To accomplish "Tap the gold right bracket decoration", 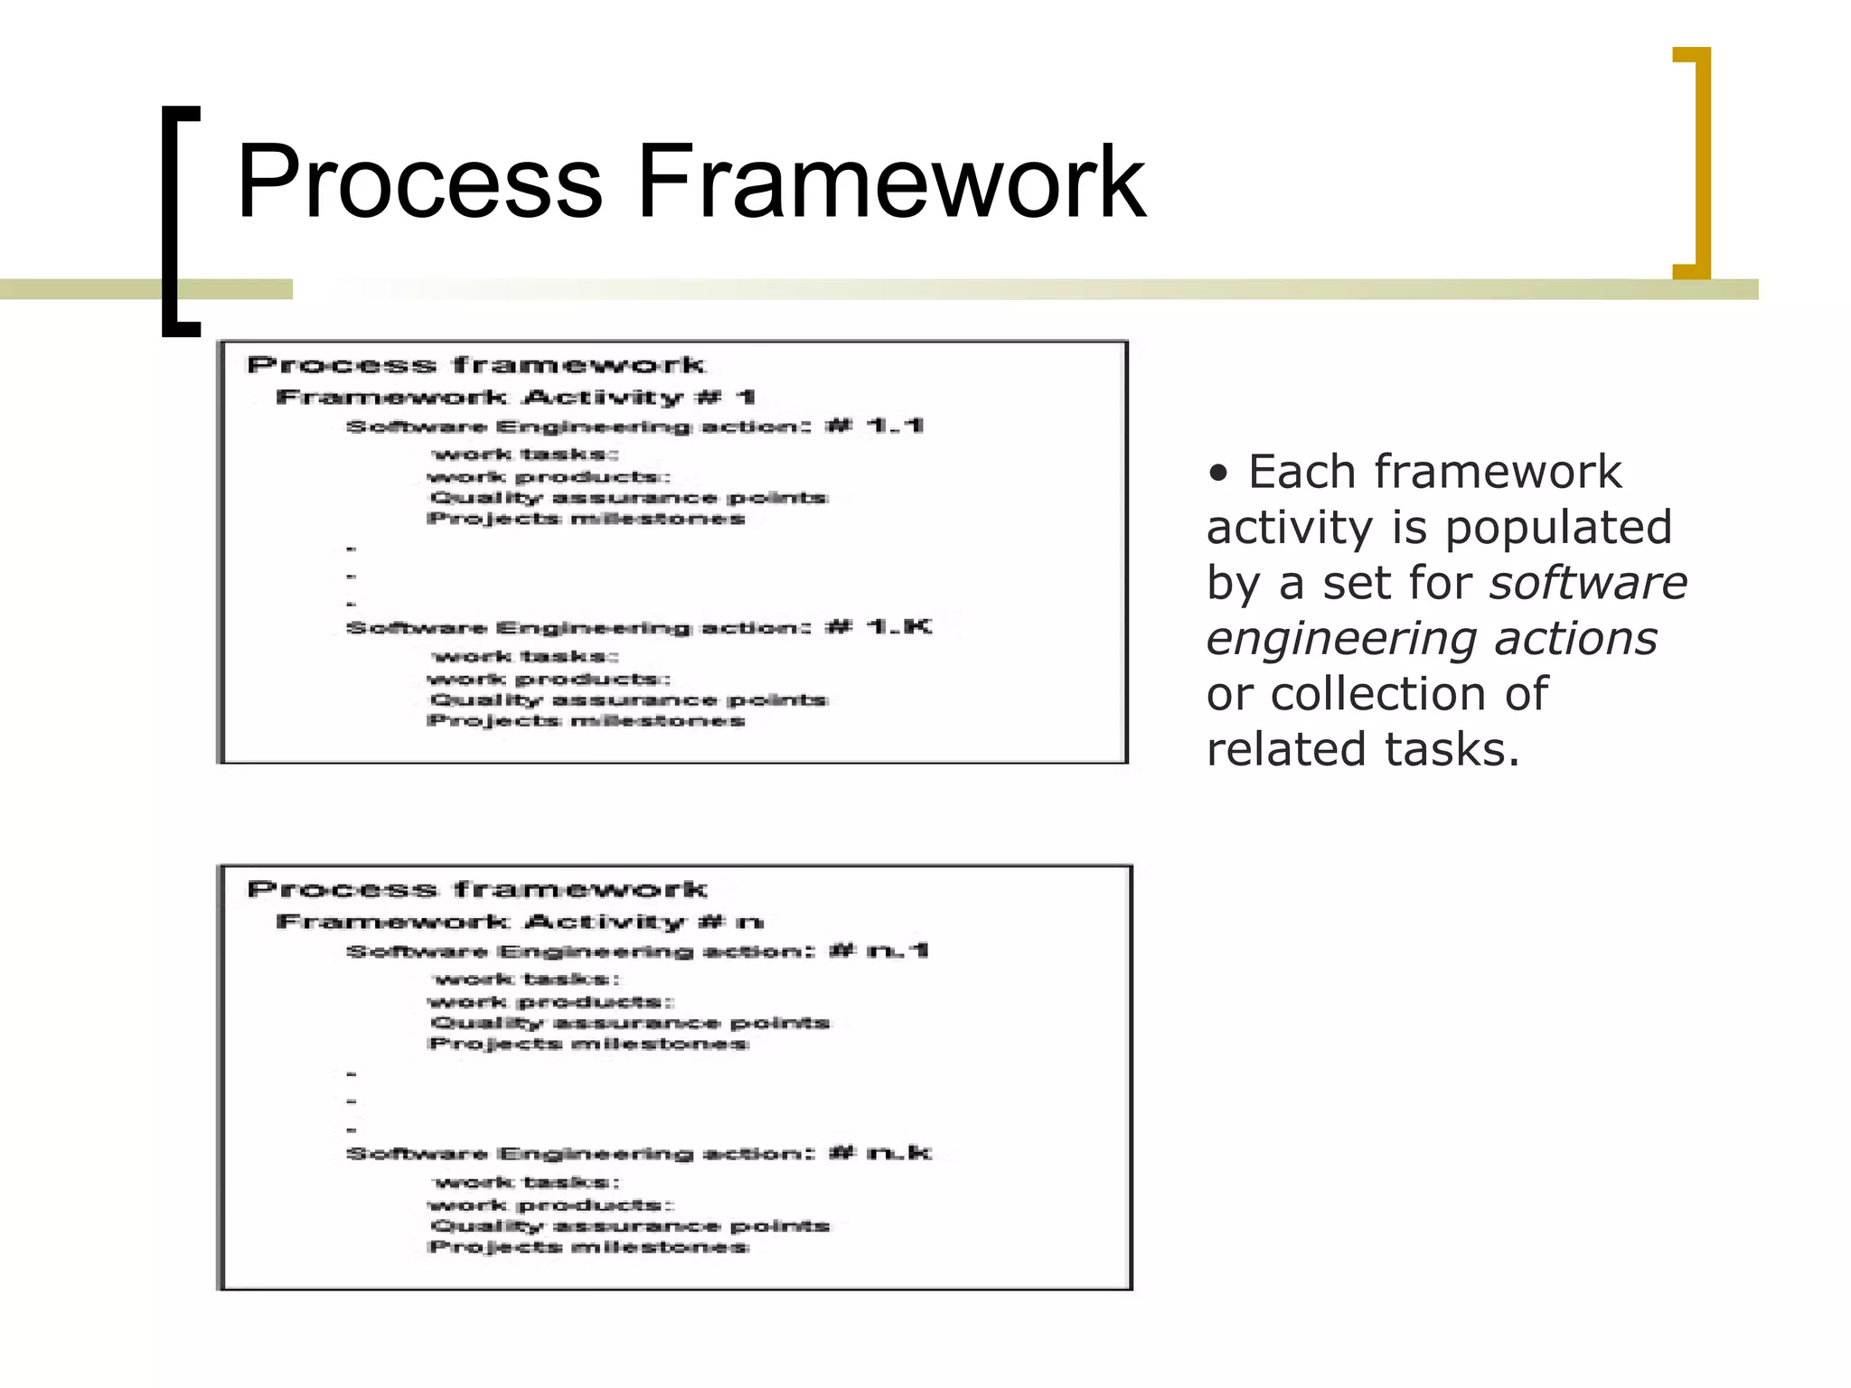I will coord(1696,163).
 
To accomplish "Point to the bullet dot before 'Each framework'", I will coord(1219,474).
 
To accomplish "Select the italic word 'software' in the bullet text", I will coord(1588,583).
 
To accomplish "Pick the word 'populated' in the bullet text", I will coord(1558,528).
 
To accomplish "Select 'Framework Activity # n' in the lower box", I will coord(519,922).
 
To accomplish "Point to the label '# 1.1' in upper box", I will coord(874,426).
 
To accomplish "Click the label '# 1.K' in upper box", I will coord(878,627).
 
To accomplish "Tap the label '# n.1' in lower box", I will coord(879,951).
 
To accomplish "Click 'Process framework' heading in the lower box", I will coord(476,889).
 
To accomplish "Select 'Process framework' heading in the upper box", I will coord(475,365).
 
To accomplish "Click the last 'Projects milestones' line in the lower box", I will coord(588,1248).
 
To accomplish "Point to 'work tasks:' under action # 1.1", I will coord(525,454).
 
